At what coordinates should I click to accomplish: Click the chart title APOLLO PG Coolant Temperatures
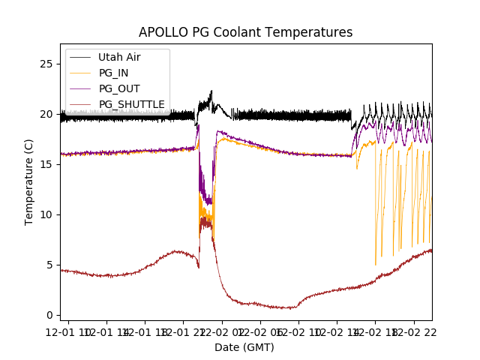click(245, 32)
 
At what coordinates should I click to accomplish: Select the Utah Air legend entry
click(118, 57)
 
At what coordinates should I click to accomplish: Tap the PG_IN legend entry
click(113, 73)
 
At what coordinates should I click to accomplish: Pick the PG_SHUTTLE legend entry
click(131, 104)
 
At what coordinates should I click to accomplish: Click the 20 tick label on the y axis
click(46, 114)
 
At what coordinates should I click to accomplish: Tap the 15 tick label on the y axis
click(46, 164)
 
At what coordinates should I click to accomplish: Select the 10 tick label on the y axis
click(46, 214)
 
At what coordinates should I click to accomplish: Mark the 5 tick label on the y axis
click(49, 265)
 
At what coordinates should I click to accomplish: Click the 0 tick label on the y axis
click(49, 315)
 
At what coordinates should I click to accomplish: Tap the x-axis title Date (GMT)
click(244, 347)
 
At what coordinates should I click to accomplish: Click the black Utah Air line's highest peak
click(211, 91)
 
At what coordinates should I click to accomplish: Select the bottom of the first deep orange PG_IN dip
click(376, 264)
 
